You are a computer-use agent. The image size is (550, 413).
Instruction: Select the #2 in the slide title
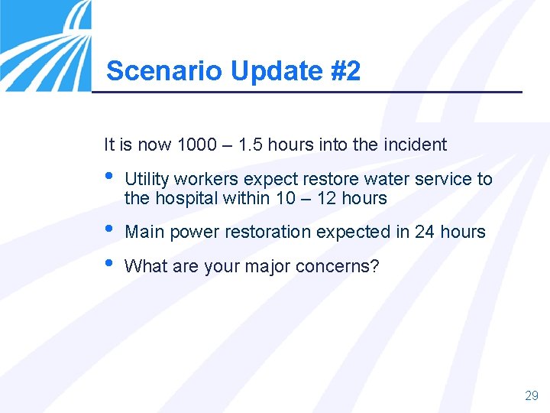click(346, 71)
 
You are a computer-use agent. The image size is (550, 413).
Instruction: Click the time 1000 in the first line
click(196, 145)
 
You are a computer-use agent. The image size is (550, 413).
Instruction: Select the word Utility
click(147, 180)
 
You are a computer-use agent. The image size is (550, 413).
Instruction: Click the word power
click(192, 232)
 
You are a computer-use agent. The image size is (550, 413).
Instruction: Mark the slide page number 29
click(531, 395)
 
